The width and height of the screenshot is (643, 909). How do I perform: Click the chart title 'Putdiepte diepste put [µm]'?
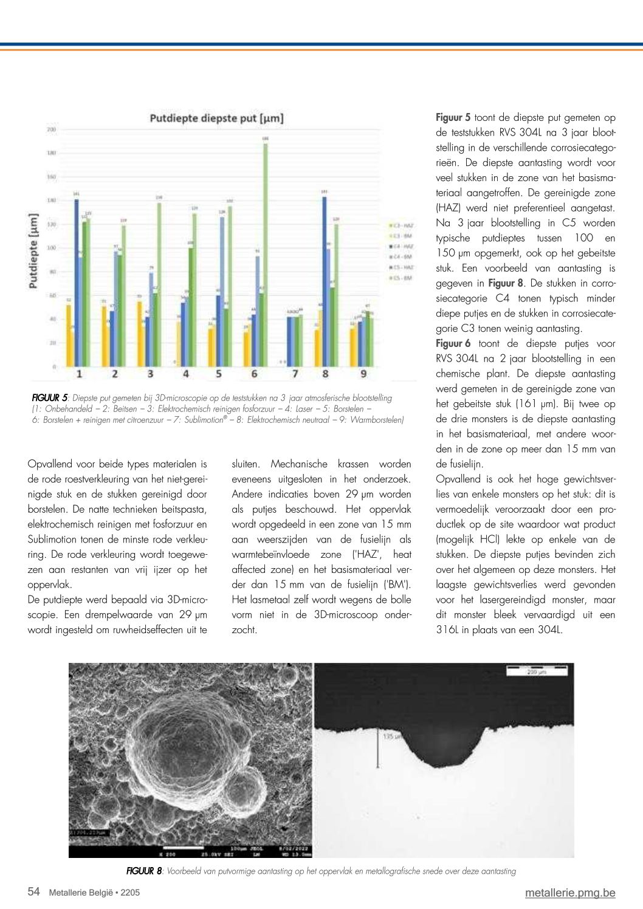pos(216,118)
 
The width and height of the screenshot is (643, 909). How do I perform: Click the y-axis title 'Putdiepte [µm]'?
pos(33,250)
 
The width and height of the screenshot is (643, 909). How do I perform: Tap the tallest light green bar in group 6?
pos(265,255)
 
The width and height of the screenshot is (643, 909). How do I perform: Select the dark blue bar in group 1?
pos(77,283)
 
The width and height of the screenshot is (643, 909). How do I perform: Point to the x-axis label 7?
pos(295,374)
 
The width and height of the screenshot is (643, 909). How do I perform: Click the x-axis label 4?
pos(185,374)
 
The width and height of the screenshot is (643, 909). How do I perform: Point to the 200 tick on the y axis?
pos(52,129)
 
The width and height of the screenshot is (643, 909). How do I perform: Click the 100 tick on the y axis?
pos(52,248)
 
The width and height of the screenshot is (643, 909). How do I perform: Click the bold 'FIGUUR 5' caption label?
pos(50,398)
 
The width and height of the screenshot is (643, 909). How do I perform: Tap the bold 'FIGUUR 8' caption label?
pos(144,871)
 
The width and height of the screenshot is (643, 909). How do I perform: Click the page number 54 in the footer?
pos(34,892)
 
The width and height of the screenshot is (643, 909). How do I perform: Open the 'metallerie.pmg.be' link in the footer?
pos(570,893)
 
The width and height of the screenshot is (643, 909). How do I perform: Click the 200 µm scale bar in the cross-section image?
pos(537,670)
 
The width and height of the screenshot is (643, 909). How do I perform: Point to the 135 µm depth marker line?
pos(378,747)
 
